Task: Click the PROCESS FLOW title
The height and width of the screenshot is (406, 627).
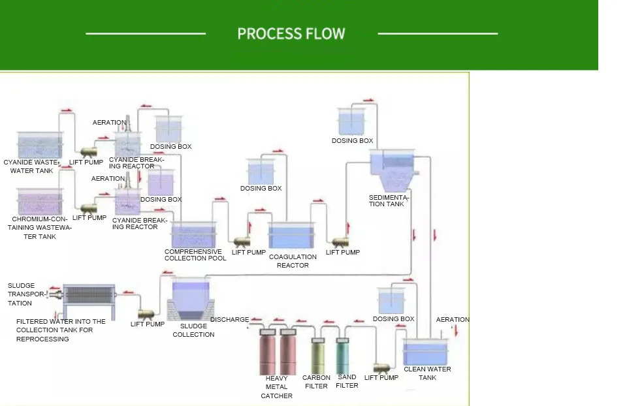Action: (x=291, y=33)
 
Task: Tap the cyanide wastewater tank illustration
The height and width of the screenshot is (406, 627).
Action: (x=40, y=145)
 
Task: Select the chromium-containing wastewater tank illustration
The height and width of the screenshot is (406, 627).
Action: (x=40, y=202)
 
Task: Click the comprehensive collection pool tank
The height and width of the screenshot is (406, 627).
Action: (x=193, y=234)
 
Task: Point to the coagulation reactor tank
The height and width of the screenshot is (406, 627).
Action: (x=291, y=236)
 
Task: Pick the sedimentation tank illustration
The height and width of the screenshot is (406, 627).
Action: (x=393, y=170)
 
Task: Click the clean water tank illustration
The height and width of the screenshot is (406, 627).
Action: (x=425, y=352)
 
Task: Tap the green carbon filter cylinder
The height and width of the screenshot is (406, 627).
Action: (x=318, y=356)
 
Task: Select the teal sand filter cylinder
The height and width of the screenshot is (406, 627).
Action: (x=342, y=356)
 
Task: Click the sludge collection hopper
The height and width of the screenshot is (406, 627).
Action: (x=191, y=299)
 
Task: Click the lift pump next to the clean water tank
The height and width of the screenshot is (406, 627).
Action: (x=381, y=367)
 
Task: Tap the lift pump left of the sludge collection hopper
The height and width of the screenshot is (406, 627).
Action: (x=146, y=314)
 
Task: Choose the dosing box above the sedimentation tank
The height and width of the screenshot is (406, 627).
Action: (x=351, y=121)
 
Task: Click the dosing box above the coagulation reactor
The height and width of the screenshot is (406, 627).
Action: (x=261, y=172)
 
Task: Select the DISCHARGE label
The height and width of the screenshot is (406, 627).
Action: (x=229, y=320)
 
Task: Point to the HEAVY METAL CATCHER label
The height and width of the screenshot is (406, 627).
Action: (x=277, y=387)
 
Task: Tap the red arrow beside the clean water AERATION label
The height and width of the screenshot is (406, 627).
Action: (x=457, y=331)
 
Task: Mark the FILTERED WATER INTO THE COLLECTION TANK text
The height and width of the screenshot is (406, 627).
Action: (x=61, y=330)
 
